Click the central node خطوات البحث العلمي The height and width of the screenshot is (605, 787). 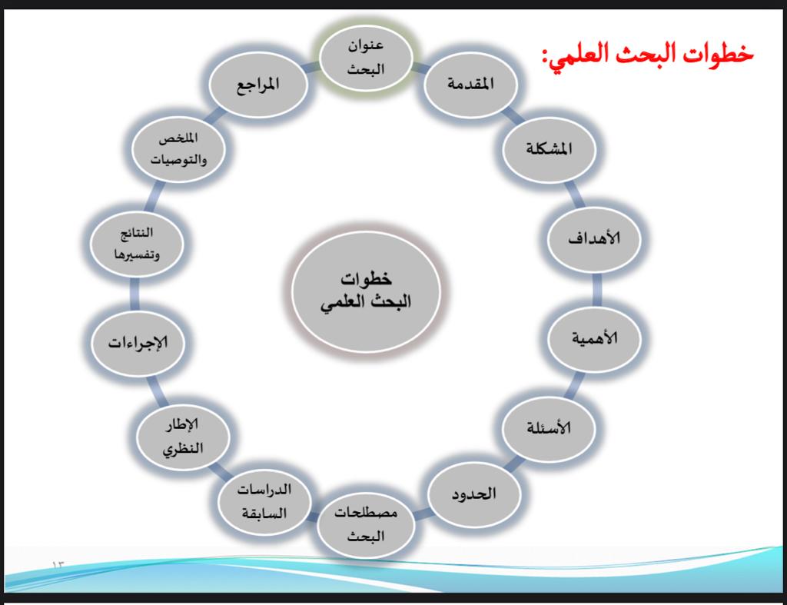coord(366,291)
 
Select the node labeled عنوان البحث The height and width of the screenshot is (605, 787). coord(366,57)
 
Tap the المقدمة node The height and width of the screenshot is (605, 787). coord(471,85)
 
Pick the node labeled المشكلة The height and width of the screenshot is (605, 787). coord(549,149)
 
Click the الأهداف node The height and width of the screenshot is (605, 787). coord(594,238)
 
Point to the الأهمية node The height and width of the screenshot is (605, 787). coord(594,338)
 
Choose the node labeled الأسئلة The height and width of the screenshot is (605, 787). coord(549,428)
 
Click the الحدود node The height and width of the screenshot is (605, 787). coord(473,494)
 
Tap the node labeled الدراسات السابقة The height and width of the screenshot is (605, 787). coord(264,501)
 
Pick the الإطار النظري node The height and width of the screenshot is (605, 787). coord(183,437)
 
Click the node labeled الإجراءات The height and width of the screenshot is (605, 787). coord(138,344)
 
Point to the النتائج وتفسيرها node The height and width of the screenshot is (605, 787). coord(137,244)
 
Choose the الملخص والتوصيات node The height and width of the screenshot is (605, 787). coord(178,149)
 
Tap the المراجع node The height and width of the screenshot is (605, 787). coord(258,85)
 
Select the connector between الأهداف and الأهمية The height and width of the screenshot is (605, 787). coord(596,289)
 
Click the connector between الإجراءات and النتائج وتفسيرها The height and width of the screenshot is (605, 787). coord(134,294)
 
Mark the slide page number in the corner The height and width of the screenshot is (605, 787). coord(58,565)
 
